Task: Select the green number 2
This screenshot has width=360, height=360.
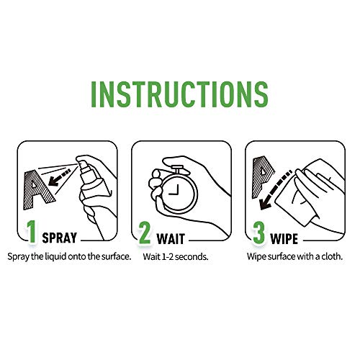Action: click(144, 233)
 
